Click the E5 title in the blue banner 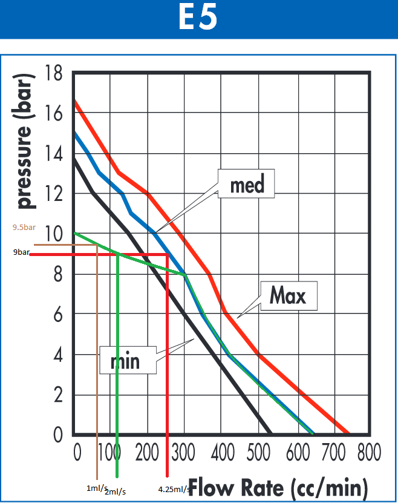tap(198, 17)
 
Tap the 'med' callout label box tap(246, 183)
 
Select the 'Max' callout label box tap(289, 295)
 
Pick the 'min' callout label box tap(128, 360)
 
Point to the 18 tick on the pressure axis tap(53, 73)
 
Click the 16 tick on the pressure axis tap(53, 113)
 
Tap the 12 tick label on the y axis tap(53, 194)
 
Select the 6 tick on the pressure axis tap(57, 314)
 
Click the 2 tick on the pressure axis tap(57, 395)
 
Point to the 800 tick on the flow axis tap(369, 452)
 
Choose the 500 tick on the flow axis tap(258, 452)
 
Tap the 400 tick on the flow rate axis tap(223, 452)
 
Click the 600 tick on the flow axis tap(298, 452)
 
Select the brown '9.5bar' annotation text tap(24, 228)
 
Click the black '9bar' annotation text tap(21, 252)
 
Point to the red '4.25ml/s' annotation tap(174, 489)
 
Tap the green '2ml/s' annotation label tap(115, 491)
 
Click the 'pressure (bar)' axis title tap(24, 141)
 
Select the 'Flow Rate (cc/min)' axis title tap(278, 488)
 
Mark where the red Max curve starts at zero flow tap(75, 100)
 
